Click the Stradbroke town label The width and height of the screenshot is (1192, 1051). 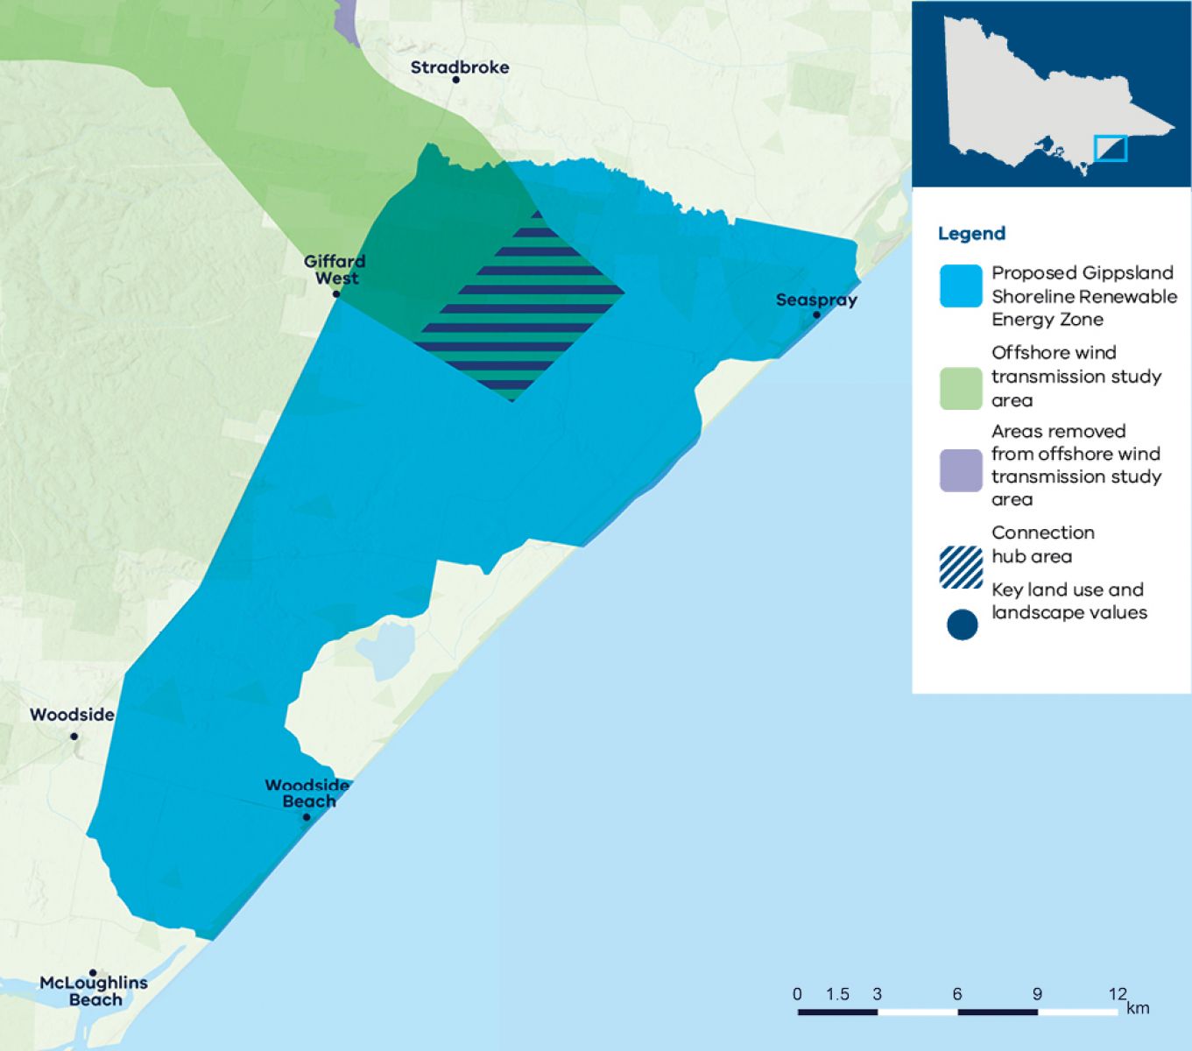[459, 67]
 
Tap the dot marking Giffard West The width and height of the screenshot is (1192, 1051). [336, 293]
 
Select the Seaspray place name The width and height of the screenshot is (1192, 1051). [816, 300]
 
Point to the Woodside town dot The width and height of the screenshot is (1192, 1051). [74, 736]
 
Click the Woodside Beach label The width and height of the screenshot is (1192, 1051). [307, 794]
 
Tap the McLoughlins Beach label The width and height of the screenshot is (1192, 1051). [94, 991]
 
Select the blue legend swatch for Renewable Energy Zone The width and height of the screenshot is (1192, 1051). [961, 286]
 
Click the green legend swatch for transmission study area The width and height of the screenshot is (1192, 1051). [961, 389]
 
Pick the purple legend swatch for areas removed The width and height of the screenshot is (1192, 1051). [961, 470]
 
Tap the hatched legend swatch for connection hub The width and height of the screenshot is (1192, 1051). [961, 567]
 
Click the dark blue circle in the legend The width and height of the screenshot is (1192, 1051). [962, 625]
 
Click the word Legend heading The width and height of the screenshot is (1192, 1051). [971, 234]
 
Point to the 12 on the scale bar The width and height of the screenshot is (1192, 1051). [1117, 994]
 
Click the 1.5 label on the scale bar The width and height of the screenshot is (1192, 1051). [837, 994]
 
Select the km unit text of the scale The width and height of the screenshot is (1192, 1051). [1138, 1007]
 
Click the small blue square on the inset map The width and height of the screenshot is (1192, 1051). [1111, 148]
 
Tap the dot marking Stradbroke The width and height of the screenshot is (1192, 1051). [455, 80]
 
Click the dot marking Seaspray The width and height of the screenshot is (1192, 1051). [816, 314]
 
